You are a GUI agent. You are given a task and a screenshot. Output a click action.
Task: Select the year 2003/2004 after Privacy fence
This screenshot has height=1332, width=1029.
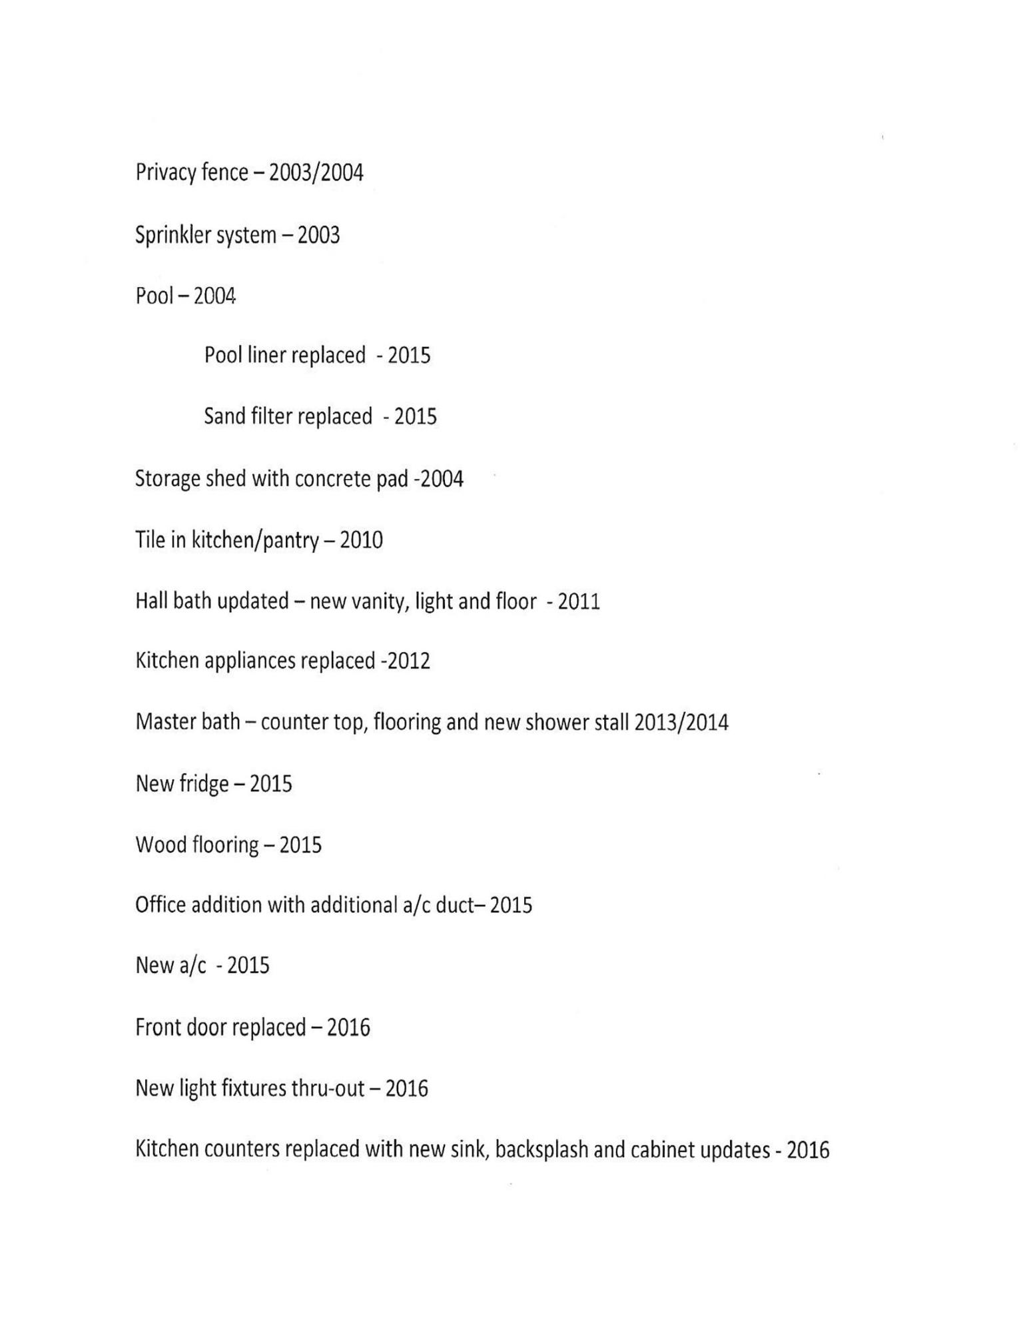click(316, 173)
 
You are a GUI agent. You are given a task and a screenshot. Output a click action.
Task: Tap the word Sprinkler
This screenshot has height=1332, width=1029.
click(172, 235)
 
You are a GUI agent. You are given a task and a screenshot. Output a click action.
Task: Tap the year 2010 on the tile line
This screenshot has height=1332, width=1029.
click(361, 539)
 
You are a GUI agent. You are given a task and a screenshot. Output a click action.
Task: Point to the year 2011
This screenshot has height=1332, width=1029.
click(579, 601)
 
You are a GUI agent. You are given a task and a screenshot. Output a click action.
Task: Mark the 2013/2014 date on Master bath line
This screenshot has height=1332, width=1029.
click(681, 722)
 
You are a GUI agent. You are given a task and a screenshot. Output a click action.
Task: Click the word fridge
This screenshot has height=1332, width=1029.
click(204, 784)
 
